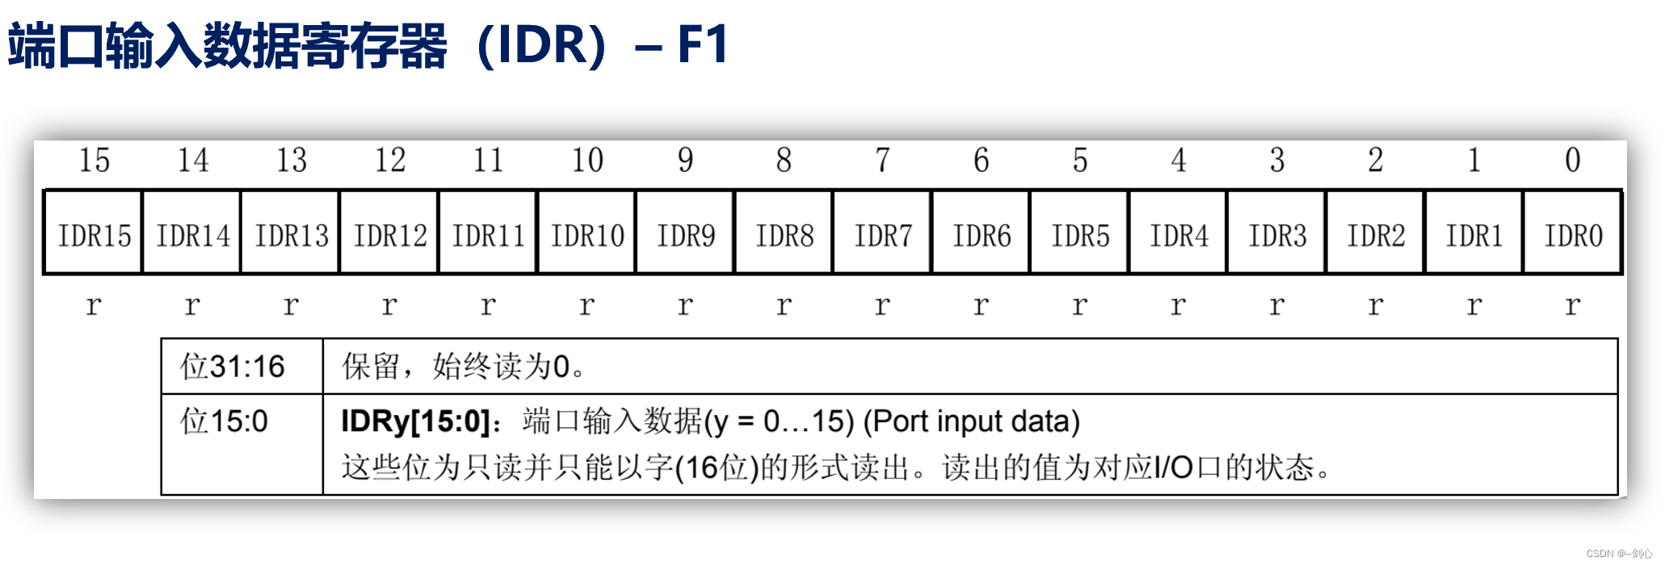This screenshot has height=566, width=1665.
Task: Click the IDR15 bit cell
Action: tap(94, 236)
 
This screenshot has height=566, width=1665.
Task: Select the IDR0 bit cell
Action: tap(1573, 236)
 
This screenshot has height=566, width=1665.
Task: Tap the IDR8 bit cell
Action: tap(784, 236)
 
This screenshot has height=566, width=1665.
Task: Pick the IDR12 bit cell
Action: tap(389, 236)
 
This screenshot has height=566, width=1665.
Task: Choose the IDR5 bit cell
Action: tap(1079, 236)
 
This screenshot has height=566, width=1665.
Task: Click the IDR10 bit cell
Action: tap(587, 236)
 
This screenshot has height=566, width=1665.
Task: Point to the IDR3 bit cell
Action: tap(1276, 236)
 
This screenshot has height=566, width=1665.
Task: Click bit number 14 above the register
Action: tap(192, 160)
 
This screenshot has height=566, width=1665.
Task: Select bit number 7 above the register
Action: tap(882, 160)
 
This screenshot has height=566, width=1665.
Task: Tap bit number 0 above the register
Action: tap(1572, 160)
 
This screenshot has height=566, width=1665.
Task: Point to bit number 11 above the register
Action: tap(488, 160)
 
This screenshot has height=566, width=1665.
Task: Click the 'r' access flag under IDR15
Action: tap(94, 305)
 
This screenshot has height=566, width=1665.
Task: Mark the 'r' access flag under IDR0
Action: tap(1572, 305)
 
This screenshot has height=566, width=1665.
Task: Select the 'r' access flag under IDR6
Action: tap(981, 305)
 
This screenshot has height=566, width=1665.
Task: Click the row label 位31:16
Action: tap(232, 367)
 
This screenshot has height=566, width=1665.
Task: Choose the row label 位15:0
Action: tap(224, 421)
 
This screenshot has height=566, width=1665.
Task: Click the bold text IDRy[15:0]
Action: tap(415, 421)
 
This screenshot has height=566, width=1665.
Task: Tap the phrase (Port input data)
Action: tap(971, 421)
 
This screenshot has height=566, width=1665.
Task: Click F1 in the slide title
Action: tap(703, 44)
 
